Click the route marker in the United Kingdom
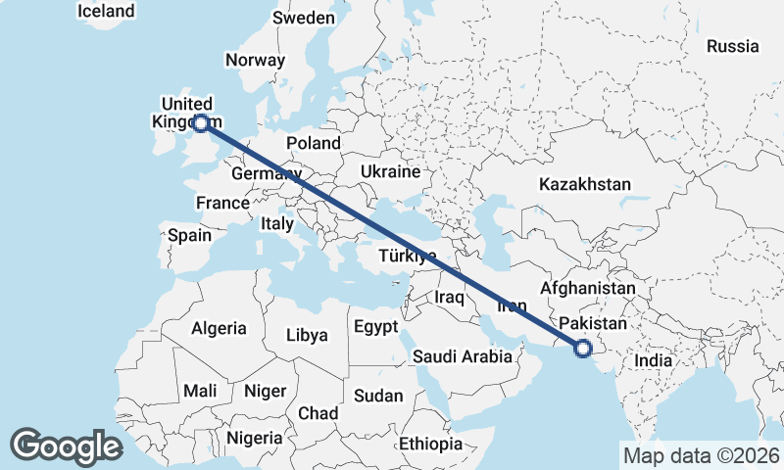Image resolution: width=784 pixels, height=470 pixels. pyautogui.click(x=200, y=122)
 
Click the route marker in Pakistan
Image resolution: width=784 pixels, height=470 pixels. pyautogui.click(x=583, y=347)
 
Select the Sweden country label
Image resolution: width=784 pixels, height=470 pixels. pyautogui.click(x=303, y=18)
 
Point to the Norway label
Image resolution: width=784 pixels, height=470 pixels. pyautogui.click(x=255, y=60)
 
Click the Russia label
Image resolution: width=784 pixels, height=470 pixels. pyautogui.click(x=732, y=46)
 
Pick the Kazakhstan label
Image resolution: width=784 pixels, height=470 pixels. pyautogui.click(x=585, y=184)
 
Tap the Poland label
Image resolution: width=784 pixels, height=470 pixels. pyautogui.click(x=314, y=144)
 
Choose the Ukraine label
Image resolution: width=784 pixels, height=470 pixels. pyautogui.click(x=390, y=171)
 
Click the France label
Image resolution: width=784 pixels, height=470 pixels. pyautogui.click(x=222, y=204)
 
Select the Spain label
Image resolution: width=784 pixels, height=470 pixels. pyautogui.click(x=189, y=235)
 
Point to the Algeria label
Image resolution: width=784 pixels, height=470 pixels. pyautogui.click(x=219, y=329)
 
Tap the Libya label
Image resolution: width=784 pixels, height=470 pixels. pyautogui.click(x=307, y=335)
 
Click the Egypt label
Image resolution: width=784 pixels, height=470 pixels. pyautogui.click(x=374, y=326)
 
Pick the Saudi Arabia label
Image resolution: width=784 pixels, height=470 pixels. pyautogui.click(x=463, y=356)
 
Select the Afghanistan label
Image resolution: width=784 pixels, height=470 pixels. pyautogui.click(x=588, y=289)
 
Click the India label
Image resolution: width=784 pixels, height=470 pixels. pyautogui.click(x=654, y=360)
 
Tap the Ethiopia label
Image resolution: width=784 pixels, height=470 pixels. pyautogui.click(x=430, y=444)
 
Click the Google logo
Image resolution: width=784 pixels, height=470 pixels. pyautogui.click(x=66, y=446)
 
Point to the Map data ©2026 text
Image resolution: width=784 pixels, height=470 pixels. pyautogui.click(x=701, y=455)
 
